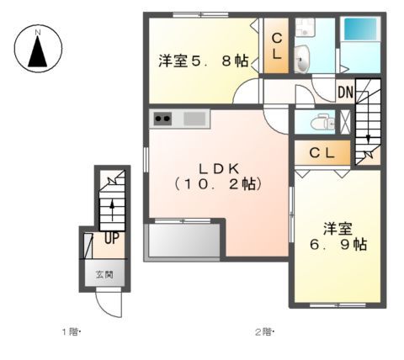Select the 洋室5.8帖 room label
coord(203,61)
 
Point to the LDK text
coord(218,166)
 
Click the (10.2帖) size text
coord(218,183)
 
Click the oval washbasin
coord(304,59)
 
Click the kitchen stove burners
coord(163,119)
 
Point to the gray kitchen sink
coord(194,119)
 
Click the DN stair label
coord(345,92)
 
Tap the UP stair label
coord(111,238)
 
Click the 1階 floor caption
coord(70,331)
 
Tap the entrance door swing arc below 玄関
coord(111,303)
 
